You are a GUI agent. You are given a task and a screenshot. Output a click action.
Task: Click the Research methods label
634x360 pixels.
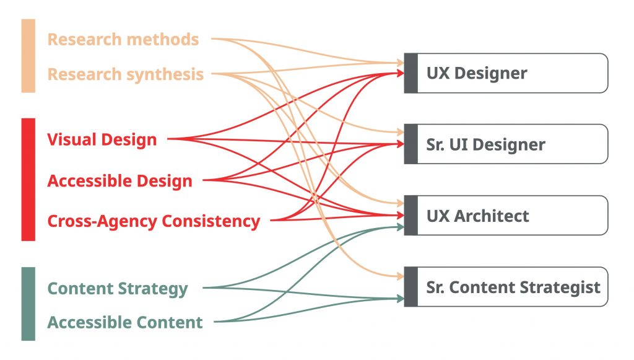coord(123,40)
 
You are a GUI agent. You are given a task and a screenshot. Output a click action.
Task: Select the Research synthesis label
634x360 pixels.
coord(126,74)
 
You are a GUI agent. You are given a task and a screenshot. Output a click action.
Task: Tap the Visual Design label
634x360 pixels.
coord(102,139)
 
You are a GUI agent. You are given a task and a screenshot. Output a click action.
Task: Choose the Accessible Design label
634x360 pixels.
coord(119,181)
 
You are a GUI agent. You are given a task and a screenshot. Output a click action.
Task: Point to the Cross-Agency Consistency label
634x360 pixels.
coord(154,221)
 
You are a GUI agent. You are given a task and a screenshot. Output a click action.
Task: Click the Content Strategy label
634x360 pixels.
coord(118,289)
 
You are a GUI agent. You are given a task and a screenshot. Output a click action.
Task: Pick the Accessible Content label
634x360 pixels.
coord(125,322)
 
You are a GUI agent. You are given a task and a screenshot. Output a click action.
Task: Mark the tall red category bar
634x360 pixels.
coord(28,179)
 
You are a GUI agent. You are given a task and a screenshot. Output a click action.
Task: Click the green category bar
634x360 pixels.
coord(28,304)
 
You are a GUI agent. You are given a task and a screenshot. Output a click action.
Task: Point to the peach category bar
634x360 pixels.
coord(28,56)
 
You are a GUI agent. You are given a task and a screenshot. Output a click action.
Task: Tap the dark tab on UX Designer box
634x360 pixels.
coord(410,73)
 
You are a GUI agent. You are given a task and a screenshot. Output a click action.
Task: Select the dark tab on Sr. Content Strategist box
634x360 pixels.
coord(410,287)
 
